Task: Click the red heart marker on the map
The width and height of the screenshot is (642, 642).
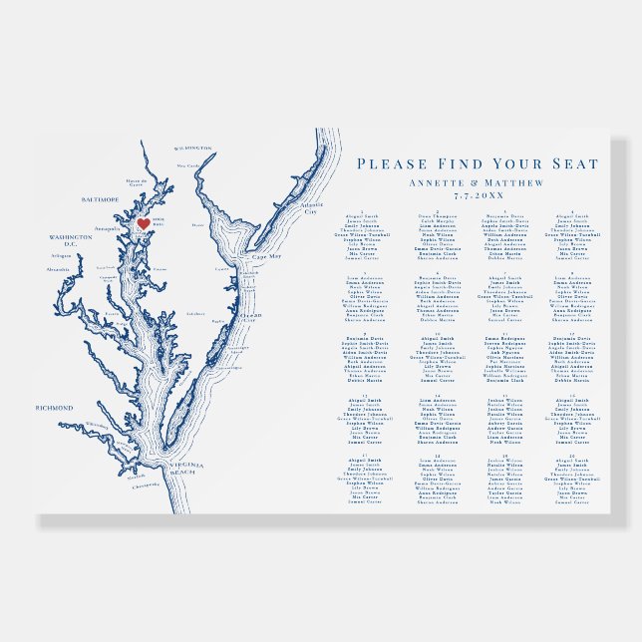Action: click(143, 224)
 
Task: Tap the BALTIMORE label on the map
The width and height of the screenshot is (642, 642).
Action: click(99, 199)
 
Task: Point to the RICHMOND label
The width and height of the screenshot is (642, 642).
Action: click(55, 408)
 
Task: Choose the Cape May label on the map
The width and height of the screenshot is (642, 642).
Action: click(254, 256)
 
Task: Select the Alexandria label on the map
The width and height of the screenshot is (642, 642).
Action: click(59, 269)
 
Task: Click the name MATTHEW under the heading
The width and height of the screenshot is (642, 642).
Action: click(516, 183)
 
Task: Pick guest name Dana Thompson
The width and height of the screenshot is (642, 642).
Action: click(437, 213)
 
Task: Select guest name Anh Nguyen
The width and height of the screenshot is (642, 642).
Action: click(503, 352)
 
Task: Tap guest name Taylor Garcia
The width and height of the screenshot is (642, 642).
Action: click(503, 491)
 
